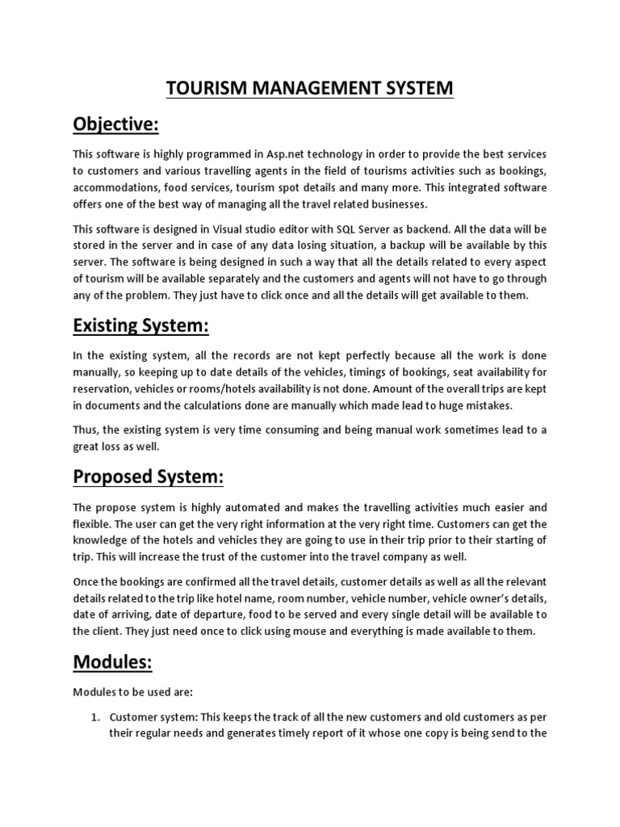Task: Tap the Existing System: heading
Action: click(x=140, y=326)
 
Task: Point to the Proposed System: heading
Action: click(x=148, y=476)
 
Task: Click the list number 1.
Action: click(x=94, y=694)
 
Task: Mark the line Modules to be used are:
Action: click(x=134, y=670)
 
